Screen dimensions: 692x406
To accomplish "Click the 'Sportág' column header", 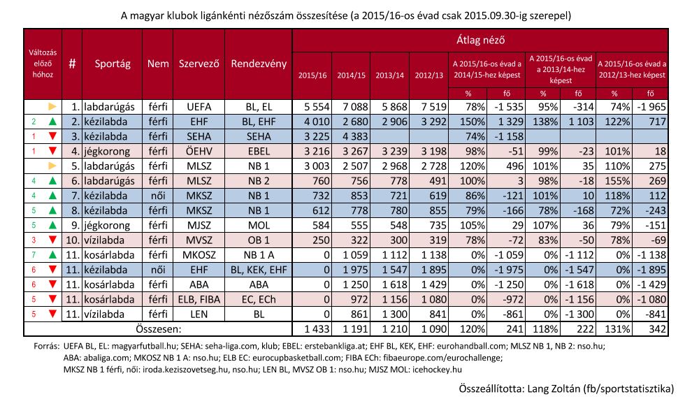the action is pos(113,64).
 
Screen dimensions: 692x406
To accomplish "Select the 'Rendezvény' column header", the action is pos(259,64).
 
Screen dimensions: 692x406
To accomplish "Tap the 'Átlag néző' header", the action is pos(480,40).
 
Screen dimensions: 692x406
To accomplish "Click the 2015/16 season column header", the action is pos(312,75).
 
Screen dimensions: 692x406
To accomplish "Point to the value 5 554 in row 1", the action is pos(317,107).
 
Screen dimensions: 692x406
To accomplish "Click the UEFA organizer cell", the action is pos(199,107).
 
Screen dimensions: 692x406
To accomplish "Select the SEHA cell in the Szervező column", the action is pos(199,136).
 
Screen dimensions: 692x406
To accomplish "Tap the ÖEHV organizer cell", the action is pos(199,152).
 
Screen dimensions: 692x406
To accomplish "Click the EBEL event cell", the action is pos(259,152).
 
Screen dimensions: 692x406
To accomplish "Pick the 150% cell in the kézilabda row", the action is pos(472,122).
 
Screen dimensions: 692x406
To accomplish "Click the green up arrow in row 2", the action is pos(52,122).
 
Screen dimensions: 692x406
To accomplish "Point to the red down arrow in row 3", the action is pos(52,137).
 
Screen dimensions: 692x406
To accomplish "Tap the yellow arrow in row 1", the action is pos(52,106).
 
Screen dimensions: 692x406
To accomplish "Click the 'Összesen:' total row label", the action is pos(159,328).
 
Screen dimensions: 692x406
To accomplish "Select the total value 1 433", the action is pos(317,328).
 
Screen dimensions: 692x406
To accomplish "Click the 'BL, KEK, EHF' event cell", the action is pos(259,270).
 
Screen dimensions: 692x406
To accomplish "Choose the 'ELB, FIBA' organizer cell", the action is pos(199,299).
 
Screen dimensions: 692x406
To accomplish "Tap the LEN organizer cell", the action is pos(199,314).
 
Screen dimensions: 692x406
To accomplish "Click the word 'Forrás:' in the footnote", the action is pos(46,347).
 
